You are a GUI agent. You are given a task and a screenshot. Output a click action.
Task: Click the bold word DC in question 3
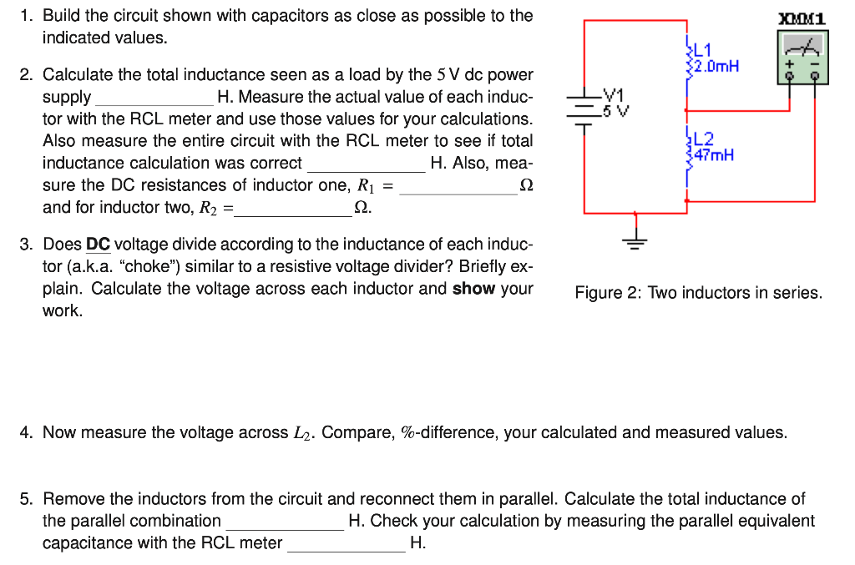click(x=98, y=245)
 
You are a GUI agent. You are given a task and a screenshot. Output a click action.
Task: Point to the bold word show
click(x=473, y=289)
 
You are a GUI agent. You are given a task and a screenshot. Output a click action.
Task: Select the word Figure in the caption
click(x=599, y=293)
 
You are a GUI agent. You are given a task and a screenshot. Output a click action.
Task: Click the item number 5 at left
click(x=27, y=499)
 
